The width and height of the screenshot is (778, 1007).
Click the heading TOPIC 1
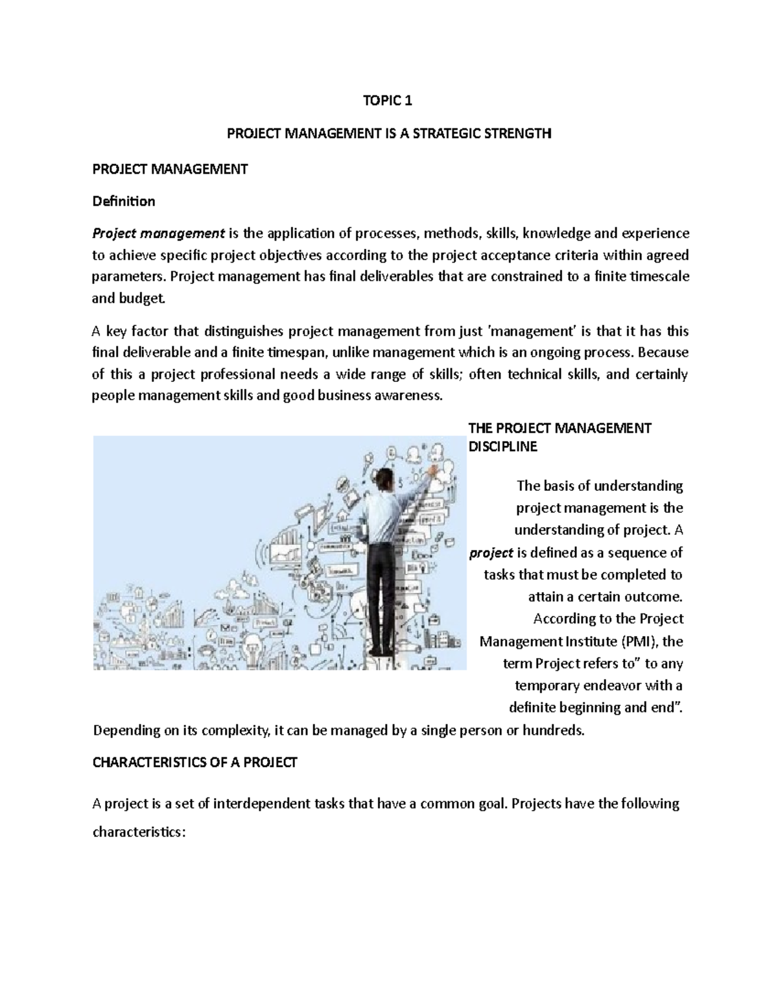click(x=388, y=101)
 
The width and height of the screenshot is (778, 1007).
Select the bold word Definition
click(x=124, y=201)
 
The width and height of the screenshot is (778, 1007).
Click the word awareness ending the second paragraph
click(x=409, y=396)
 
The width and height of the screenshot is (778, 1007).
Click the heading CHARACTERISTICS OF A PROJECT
click(x=195, y=763)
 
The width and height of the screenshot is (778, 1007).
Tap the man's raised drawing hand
click(x=430, y=466)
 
